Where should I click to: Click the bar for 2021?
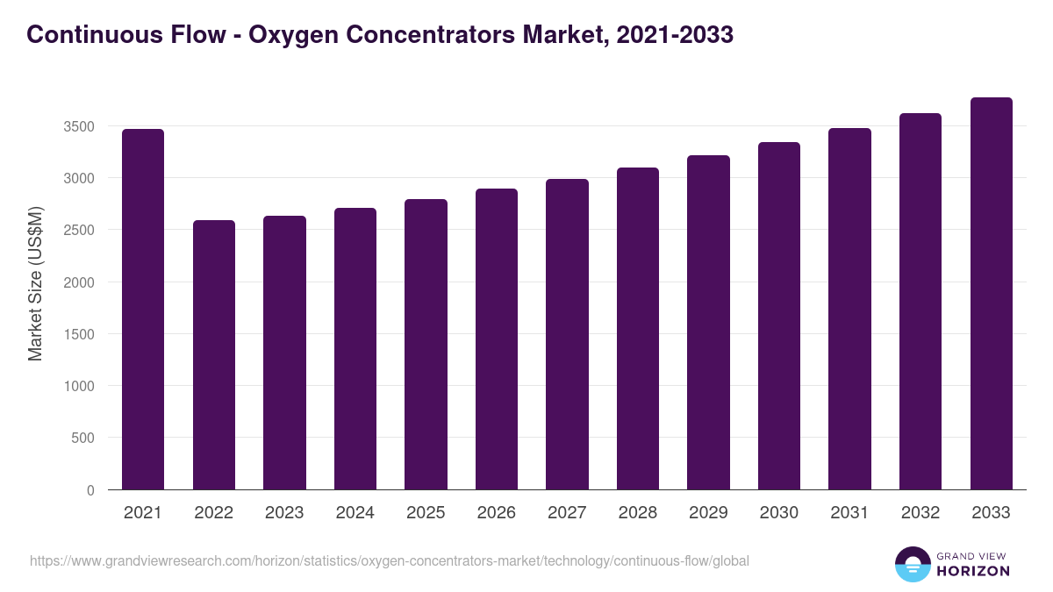coord(143,309)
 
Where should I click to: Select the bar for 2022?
coord(214,354)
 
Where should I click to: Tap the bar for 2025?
coord(426,344)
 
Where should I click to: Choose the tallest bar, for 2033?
coord(992,293)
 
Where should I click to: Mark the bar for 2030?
coord(779,316)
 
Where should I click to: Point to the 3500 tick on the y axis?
coord(79,126)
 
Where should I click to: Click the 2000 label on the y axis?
coord(79,282)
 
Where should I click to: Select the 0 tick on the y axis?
coord(90,490)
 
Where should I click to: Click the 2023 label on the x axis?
coord(284,513)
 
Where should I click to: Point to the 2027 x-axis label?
coord(567,513)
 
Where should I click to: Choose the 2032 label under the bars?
coord(920,513)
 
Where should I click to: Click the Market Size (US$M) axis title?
coord(35,282)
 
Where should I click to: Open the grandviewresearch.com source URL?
coord(390,560)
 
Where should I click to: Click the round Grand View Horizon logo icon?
coord(912,564)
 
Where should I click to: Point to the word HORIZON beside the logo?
coord(972,571)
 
